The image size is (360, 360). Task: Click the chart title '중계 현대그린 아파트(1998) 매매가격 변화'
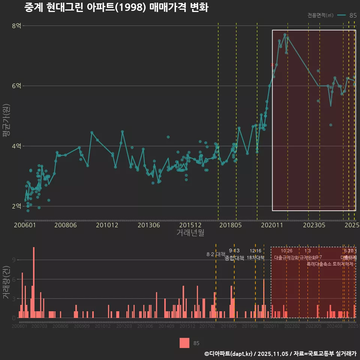116,8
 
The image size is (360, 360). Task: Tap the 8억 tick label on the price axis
16,26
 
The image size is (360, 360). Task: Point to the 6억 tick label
16,86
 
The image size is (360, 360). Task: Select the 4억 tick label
16,146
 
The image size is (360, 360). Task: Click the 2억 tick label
16,206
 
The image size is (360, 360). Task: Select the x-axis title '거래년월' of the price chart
190,233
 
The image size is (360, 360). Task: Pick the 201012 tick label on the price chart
107,225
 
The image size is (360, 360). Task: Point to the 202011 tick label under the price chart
271,225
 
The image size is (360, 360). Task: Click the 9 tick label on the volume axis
14,260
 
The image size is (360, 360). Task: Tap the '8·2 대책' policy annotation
216,254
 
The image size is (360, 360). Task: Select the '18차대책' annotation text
256,258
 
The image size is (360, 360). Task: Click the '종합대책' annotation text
234,258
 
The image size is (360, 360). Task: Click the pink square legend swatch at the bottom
184,343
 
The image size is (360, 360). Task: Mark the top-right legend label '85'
353,15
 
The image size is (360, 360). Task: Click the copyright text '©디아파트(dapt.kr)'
228,354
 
